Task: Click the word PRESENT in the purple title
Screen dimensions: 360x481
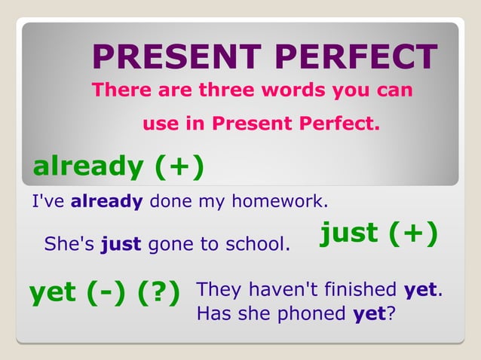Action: click(x=169, y=58)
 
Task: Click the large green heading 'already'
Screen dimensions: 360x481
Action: click(x=88, y=166)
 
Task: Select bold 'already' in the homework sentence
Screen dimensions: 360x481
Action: click(x=106, y=202)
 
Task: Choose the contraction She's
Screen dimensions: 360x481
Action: click(x=69, y=244)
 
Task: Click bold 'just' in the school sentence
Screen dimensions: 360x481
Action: click(x=121, y=244)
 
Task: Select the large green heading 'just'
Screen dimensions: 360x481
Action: click(x=350, y=233)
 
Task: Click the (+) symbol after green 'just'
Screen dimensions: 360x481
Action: click(x=414, y=233)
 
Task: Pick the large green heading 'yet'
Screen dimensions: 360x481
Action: click(x=54, y=292)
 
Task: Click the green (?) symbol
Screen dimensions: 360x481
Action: click(x=158, y=292)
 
